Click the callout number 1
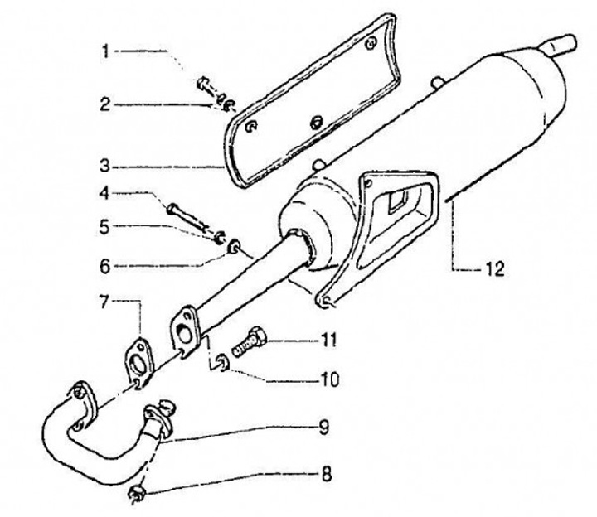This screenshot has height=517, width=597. click(x=105, y=51)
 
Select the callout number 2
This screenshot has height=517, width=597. click(x=105, y=104)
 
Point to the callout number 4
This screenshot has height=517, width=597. click(x=105, y=194)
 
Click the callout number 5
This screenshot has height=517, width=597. click(x=105, y=225)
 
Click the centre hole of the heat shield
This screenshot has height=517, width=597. click(x=316, y=122)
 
